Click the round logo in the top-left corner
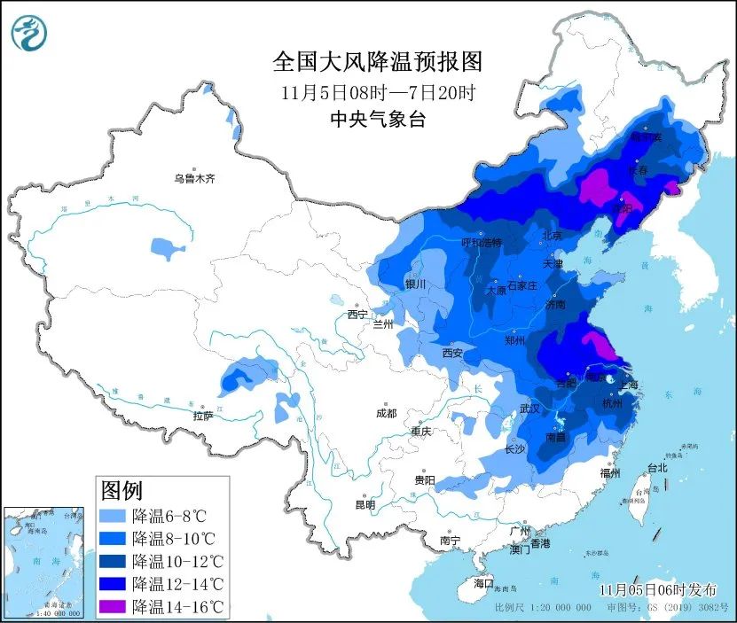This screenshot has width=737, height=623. [x=28, y=33]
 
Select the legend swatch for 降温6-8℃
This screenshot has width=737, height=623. [x=114, y=515]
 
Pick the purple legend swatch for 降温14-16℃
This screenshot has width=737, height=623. [x=114, y=606]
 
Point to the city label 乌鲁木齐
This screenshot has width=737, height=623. [x=194, y=179]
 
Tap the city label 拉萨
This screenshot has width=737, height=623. [x=203, y=416]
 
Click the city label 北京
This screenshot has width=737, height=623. [x=552, y=236]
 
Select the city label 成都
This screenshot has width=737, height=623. [x=386, y=413]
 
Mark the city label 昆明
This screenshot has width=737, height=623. [x=365, y=504]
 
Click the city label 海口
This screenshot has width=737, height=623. [x=482, y=584]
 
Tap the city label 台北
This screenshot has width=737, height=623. [x=656, y=468]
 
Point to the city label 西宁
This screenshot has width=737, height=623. [x=357, y=315]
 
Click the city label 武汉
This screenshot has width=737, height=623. [x=529, y=409]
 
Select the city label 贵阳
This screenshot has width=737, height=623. [x=424, y=479]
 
